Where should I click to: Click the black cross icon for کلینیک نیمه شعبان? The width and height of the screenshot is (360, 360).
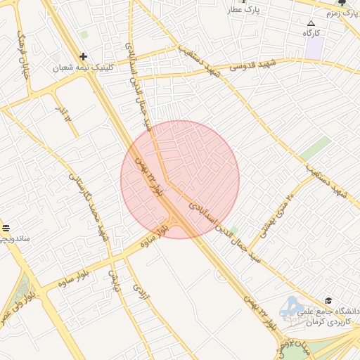pos(84,56)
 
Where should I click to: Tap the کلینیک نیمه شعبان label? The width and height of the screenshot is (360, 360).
pos(83,68)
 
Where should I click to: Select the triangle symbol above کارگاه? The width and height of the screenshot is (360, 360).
pos(311,23)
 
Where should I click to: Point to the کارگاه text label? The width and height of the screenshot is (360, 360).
pos(311,34)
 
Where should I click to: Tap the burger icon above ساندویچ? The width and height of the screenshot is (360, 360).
pos(6,227)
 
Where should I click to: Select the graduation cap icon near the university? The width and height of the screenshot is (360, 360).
pos(328,300)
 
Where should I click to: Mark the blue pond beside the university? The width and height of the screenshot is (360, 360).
pos(290,307)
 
